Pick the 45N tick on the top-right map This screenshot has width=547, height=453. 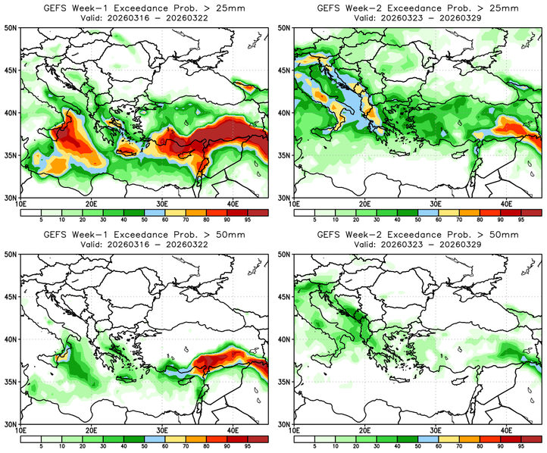[x=286, y=70]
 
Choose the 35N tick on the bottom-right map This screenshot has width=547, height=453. [x=286, y=382]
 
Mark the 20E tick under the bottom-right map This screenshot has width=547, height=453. [x=365, y=431]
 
